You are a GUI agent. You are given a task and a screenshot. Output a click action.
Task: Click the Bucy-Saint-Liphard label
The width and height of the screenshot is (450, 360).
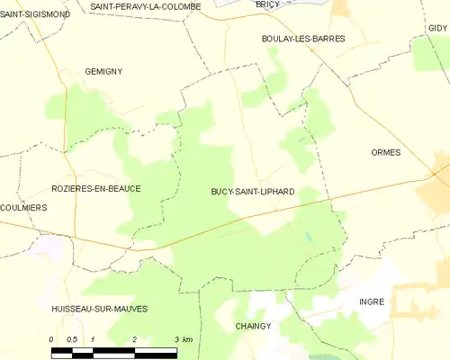click(253, 192)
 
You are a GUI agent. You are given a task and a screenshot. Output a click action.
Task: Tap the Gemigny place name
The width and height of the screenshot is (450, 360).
click(103, 71)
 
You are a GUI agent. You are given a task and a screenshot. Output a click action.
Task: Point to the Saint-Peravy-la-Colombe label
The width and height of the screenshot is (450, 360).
click(145, 5)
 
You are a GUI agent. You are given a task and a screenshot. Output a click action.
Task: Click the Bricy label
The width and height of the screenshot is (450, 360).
click(267, 4)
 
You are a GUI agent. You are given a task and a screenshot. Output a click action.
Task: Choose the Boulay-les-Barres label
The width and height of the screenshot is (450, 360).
click(303, 39)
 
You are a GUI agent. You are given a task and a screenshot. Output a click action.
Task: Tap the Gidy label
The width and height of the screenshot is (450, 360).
click(437, 28)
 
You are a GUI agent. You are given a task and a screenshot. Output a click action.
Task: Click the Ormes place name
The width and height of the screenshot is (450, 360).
click(385, 153)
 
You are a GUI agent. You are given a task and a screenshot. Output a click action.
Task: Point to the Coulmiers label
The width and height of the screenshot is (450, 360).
click(24, 207)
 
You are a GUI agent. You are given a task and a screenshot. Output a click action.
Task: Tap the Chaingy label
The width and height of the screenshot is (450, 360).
click(253, 326)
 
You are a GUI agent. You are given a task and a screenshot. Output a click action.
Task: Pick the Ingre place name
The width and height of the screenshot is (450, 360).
click(372, 301)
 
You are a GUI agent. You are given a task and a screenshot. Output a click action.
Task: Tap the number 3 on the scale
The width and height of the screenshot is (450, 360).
click(174, 339)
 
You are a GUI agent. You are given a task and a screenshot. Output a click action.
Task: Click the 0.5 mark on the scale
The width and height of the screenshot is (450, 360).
click(72, 339)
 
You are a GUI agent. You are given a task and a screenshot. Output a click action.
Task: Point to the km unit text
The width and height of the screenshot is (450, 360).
click(187, 339)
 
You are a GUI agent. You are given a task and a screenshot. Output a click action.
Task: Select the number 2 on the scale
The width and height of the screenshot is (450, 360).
click(133, 339)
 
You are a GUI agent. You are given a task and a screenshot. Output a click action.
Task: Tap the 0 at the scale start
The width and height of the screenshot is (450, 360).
click(52, 339)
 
